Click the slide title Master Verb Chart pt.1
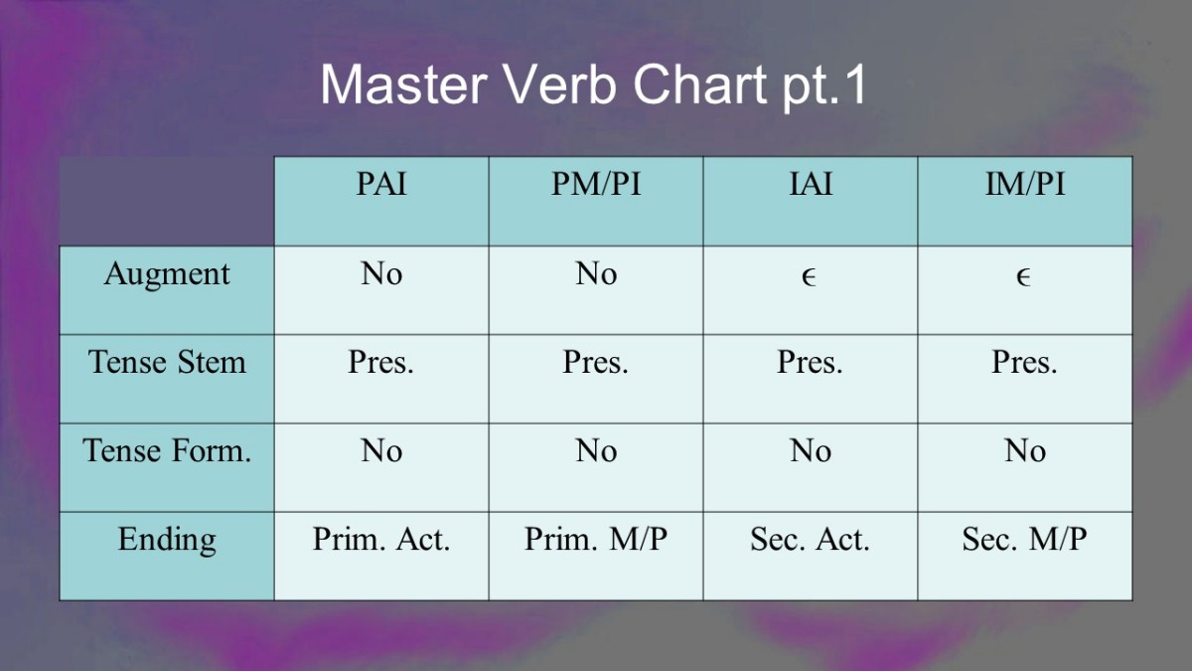[x=593, y=85]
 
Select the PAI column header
[x=381, y=184]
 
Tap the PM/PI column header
[x=596, y=184]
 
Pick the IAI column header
[x=811, y=184]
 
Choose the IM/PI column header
[x=1025, y=184]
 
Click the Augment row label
[x=167, y=275]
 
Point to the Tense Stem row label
[x=167, y=362]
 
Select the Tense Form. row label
[x=167, y=450]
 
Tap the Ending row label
[x=167, y=541]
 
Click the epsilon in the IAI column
[x=809, y=277]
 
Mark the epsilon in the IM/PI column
[x=1023, y=277]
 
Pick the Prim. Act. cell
[x=381, y=539]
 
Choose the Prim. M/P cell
[x=596, y=539]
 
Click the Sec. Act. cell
[x=810, y=539]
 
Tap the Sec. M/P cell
[x=1024, y=539]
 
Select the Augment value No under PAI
[x=381, y=273]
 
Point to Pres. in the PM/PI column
[x=595, y=362]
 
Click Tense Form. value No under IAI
[x=811, y=450]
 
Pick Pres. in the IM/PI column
[x=1024, y=362]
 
